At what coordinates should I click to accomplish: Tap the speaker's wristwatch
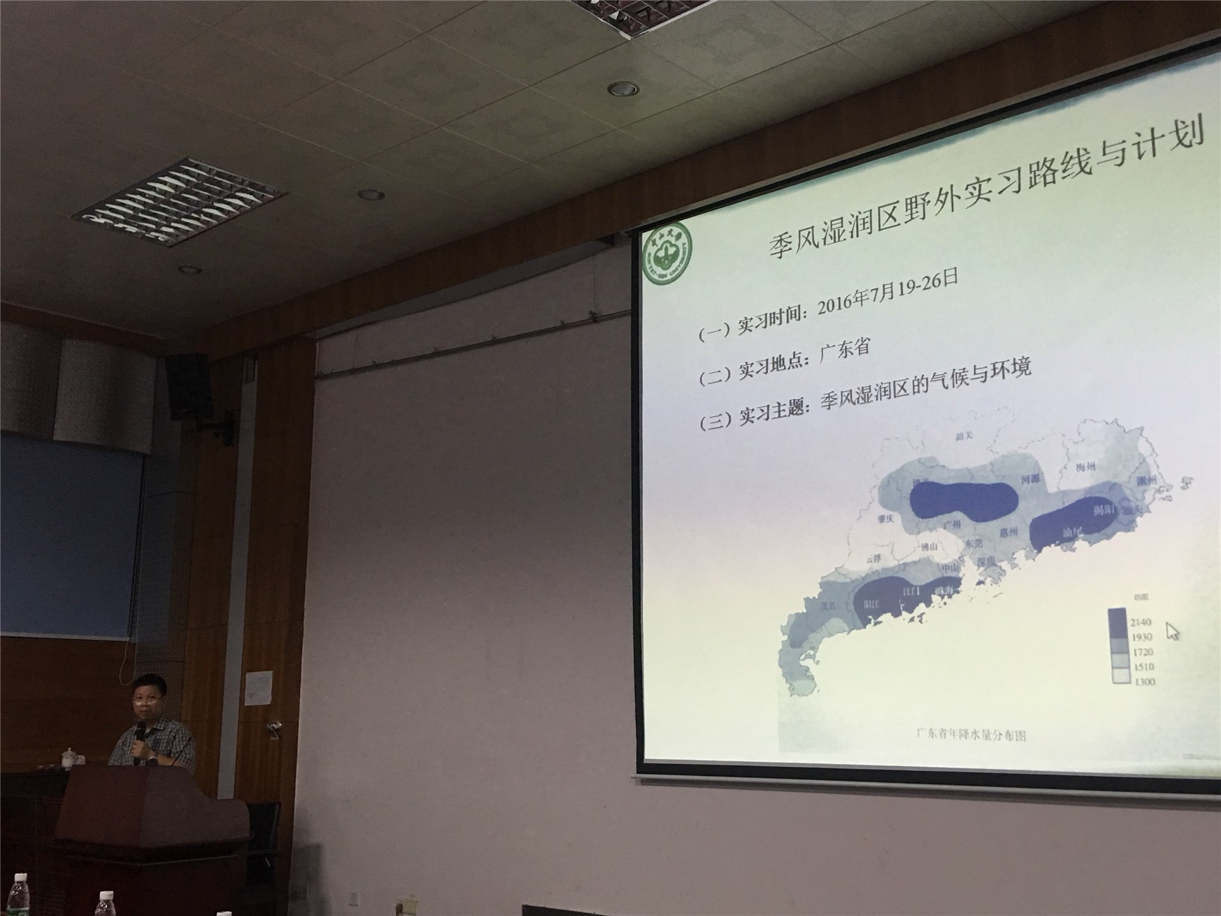click(x=153, y=757)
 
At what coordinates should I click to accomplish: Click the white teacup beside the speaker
click(x=68, y=758)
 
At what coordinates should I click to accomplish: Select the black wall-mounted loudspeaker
click(x=188, y=385)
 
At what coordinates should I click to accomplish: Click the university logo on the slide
click(x=667, y=254)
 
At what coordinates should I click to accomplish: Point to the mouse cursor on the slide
click(x=1172, y=631)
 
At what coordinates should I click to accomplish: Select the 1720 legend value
click(x=1142, y=652)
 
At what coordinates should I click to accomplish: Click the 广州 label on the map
click(x=952, y=524)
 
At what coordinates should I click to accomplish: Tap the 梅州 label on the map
click(x=1086, y=468)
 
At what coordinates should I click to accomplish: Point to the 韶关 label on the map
click(x=964, y=436)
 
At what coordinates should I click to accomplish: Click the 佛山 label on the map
click(x=929, y=546)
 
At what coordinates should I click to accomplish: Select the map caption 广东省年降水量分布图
click(x=971, y=735)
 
